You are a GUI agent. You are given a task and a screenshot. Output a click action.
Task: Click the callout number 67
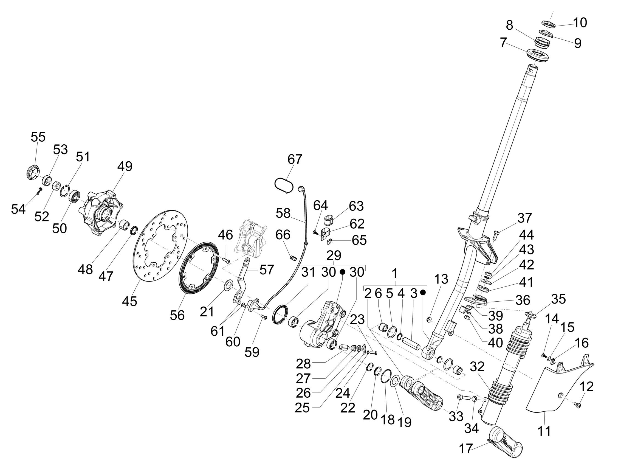(x=295, y=159)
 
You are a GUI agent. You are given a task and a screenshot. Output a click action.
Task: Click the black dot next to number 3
(x=423, y=293)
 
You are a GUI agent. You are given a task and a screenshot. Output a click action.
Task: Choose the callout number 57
(x=266, y=270)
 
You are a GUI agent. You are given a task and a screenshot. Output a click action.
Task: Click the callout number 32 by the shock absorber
(x=478, y=366)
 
